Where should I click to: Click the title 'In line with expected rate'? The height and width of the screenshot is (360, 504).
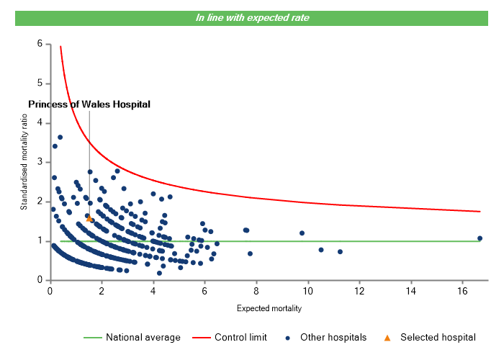tap(252, 17)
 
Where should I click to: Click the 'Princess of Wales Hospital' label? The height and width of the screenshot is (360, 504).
tap(89, 104)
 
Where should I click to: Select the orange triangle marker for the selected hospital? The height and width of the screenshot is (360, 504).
tap(89, 218)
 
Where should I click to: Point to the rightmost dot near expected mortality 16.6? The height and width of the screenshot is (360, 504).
tap(480, 238)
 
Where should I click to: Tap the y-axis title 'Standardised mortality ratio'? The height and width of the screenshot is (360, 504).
tap(23, 161)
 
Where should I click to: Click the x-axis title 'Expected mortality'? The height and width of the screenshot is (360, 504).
tap(269, 309)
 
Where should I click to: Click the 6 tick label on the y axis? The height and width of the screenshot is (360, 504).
tap(39, 44)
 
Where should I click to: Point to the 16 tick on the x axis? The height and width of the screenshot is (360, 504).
tap(463, 291)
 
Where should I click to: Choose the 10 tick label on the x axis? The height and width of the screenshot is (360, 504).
tap(308, 291)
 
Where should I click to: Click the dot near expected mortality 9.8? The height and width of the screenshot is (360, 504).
tap(302, 233)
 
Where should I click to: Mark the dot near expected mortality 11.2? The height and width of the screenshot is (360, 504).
tap(340, 252)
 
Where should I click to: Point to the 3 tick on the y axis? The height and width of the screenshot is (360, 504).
tap(39, 162)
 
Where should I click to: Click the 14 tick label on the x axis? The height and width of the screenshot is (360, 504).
tap(411, 291)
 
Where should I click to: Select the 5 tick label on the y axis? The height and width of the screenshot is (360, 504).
tap(39, 84)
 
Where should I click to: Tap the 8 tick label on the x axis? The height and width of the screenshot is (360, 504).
tap(256, 291)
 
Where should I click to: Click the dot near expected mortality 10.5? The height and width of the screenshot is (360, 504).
tap(321, 250)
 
